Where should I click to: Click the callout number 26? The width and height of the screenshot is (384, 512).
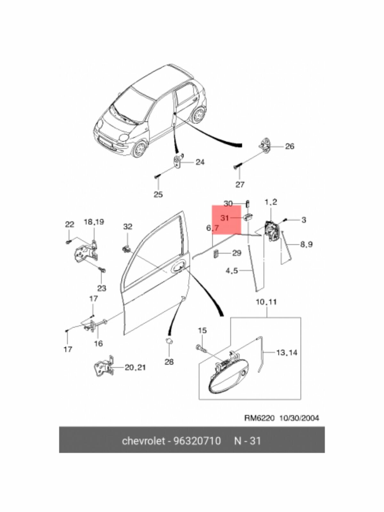pyautogui.click(x=289, y=146)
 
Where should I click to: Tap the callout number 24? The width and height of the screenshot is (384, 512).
pyautogui.click(x=200, y=162)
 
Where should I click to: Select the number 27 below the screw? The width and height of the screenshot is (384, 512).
pyautogui.click(x=240, y=184)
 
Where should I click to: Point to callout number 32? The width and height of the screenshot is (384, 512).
pyautogui.click(x=127, y=227)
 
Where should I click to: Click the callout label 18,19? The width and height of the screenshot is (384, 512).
pyautogui.click(x=94, y=222)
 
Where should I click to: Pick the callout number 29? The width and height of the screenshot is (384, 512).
pyautogui.click(x=236, y=253)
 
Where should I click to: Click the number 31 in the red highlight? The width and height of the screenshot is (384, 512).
pyautogui.click(x=225, y=218)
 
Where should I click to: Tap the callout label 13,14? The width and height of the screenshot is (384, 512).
pyautogui.click(x=287, y=353)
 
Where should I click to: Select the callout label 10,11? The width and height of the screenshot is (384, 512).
pyautogui.click(x=267, y=302)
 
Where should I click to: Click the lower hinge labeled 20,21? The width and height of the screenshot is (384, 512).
pyautogui.click(x=105, y=368)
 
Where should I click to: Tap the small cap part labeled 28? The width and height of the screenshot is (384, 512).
pyautogui.click(x=169, y=341)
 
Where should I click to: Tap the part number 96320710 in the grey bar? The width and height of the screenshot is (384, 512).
pyautogui.click(x=197, y=441)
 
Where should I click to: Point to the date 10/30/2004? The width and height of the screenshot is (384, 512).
pyautogui.click(x=299, y=418)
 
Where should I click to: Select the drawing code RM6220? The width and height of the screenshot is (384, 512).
pyautogui.click(x=259, y=418)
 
